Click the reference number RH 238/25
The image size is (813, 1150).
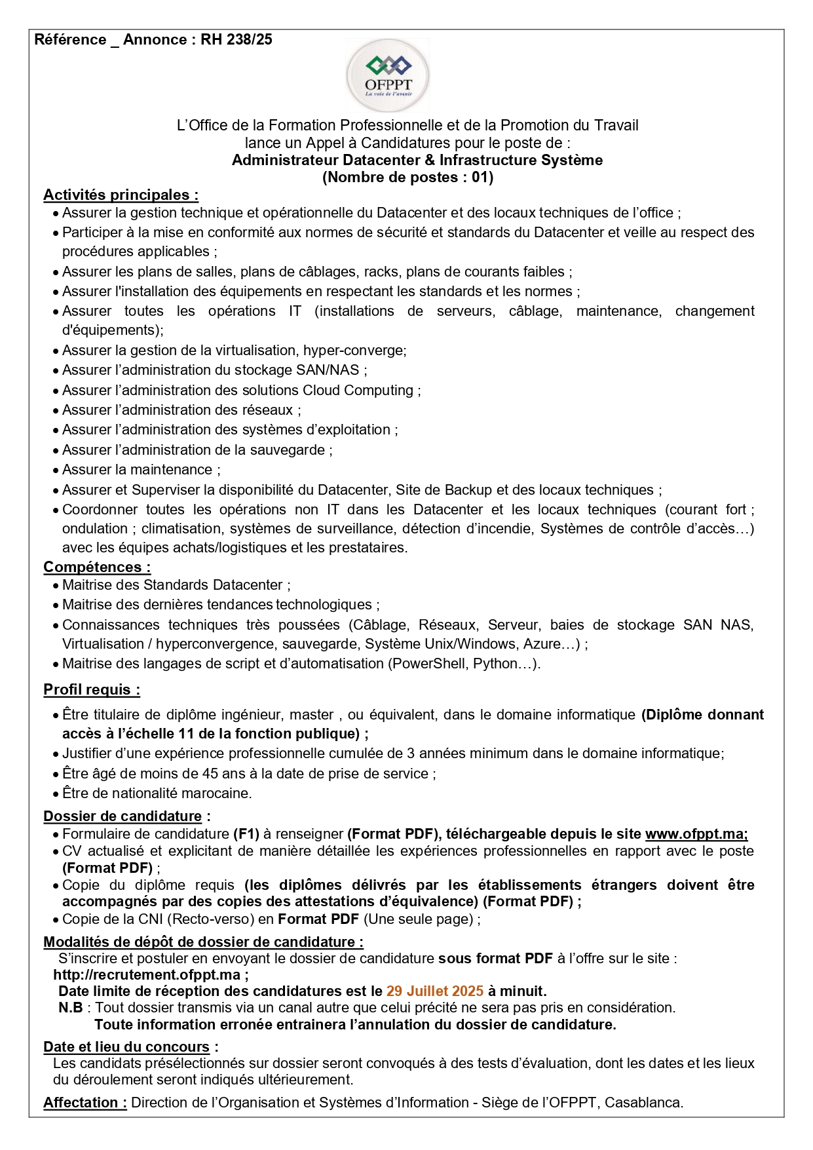pos(236,40)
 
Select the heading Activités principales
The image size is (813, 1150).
pos(121,195)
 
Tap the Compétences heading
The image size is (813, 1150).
pos(97,567)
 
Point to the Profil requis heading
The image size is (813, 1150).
pos(92,690)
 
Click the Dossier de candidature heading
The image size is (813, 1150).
pos(123,816)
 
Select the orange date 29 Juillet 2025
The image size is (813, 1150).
pos(435,991)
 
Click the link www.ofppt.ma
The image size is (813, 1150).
pos(696,834)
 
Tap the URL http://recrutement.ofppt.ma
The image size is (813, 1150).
pos(147,975)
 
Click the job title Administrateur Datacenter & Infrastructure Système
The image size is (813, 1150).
pos(417,161)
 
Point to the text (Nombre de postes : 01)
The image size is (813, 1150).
pos(407,178)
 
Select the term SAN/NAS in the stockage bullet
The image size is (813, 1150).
pos(328,370)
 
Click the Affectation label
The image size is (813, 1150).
pos(85,1103)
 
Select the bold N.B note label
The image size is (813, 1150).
pos(71,1008)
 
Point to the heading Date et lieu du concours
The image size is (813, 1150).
pos(126,1047)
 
